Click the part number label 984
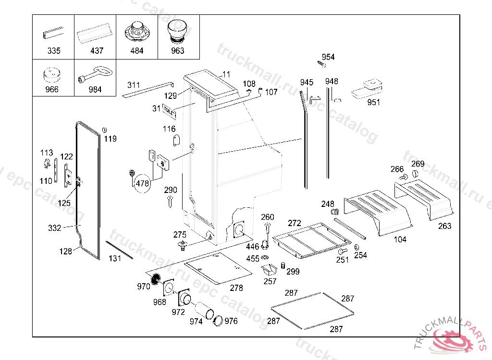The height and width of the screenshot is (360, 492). coord(95,89)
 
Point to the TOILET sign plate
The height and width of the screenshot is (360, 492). coord(169,111)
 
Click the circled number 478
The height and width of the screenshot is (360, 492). coord(142,183)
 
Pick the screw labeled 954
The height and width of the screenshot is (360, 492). coord(322,63)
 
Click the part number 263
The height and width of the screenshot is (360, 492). coord(445,226)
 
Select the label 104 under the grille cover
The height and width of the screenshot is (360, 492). coord(400,239)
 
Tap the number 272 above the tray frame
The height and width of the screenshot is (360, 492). coord(294,223)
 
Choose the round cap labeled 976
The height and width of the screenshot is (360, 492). coord(218,320)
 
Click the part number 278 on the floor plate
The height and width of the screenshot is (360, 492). coord(236,288)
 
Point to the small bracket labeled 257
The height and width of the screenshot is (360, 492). coord(267,270)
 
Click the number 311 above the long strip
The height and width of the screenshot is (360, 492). coord(134,85)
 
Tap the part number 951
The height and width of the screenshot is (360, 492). coord(373,102)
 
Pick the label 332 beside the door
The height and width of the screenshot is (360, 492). coord(55,228)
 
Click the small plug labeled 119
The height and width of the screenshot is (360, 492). coord(104,130)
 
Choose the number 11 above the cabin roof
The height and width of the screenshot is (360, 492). coord(226,74)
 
